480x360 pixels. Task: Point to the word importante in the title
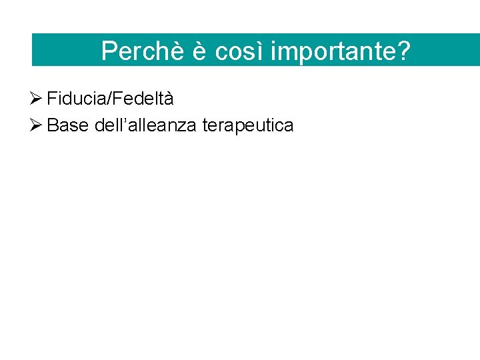click(x=333, y=52)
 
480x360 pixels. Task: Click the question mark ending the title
click(x=403, y=51)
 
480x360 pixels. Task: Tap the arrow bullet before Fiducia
click(x=37, y=99)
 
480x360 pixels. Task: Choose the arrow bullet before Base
click(x=37, y=125)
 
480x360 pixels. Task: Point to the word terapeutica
click(x=247, y=125)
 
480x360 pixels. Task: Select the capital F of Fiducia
click(x=51, y=99)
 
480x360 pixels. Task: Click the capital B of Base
click(x=53, y=125)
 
